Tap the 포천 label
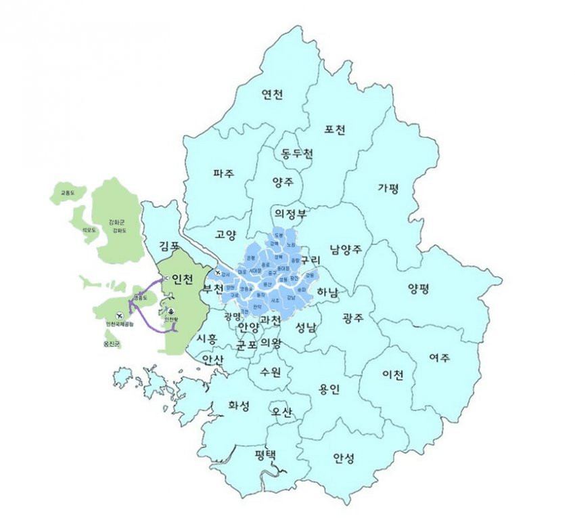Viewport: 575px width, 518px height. coord(335,129)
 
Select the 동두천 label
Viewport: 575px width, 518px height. coord(297,154)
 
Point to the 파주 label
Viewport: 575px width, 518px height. coord(223,173)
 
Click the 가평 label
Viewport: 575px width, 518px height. coord(389,188)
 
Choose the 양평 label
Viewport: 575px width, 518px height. coord(419,288)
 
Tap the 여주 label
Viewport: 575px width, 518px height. coord(440,357)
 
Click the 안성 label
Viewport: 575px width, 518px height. coord(344,458)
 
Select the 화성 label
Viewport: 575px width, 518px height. coord(239,406)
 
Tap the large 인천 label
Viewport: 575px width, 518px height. coord(183,278)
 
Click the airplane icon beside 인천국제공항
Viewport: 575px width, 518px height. coord(120,315)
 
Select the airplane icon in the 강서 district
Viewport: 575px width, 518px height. coord(218,272)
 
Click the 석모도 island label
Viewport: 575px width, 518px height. coord(89,230)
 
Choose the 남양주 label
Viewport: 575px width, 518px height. coord(346,249)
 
